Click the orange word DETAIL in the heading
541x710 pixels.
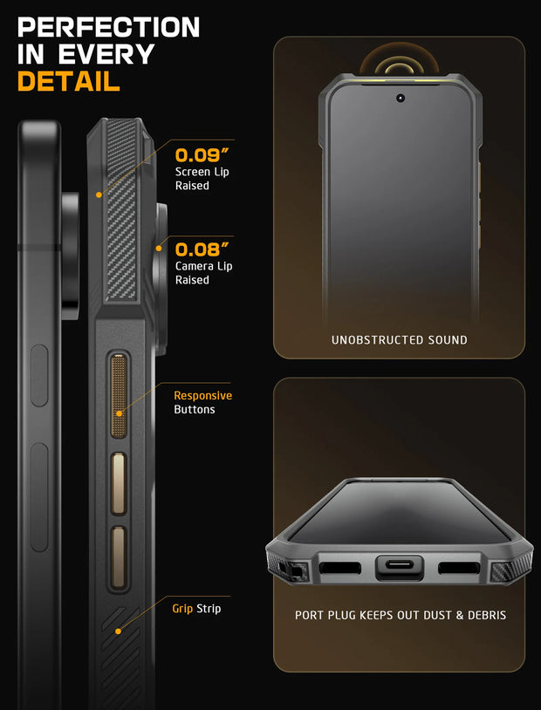click(69, 82)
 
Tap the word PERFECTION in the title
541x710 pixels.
click(108, 27)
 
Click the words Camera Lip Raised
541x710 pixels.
click(203, 273)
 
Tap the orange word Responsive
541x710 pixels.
click(202, 395)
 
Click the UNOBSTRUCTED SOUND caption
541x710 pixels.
click(399, 340)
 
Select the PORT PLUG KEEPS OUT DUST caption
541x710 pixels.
click(400, 616)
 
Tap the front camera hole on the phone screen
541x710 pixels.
click(400, 98)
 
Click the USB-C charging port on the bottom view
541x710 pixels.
click(399, 568)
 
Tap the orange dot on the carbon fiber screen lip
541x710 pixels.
click(99, 195)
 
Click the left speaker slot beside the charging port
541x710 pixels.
click(339, 568)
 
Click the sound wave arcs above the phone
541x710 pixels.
click(400, 62)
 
